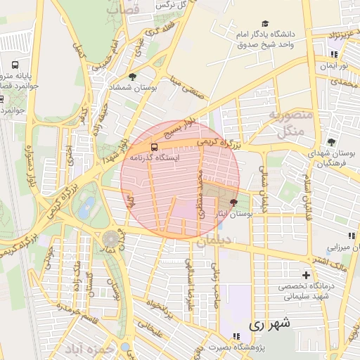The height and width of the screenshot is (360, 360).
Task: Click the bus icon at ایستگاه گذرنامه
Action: [154, 148]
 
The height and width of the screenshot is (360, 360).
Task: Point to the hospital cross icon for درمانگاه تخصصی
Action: [305, 275]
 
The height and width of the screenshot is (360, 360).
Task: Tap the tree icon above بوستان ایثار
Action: [233, 202]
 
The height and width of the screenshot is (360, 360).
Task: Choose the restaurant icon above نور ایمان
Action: [334, 53]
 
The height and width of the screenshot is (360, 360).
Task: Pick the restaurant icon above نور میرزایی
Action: [351, 236]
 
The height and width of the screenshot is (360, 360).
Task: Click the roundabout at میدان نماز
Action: [110, 239]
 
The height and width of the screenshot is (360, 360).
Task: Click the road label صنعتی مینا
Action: [184, 91]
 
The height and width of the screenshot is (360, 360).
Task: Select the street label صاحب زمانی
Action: [217, 275]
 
